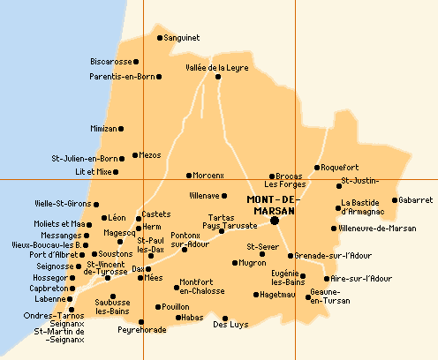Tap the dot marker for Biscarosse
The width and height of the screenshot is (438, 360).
click(136, 62)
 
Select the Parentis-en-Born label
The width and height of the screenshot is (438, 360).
click(122, 77)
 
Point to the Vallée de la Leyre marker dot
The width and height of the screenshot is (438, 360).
click(218, 77)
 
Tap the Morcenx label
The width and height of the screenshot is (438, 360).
click(210, 176)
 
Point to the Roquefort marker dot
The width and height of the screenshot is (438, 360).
click(317, 168)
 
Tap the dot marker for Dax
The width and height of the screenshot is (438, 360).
click(147, 269)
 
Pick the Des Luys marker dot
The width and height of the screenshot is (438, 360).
click(225, 318)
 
